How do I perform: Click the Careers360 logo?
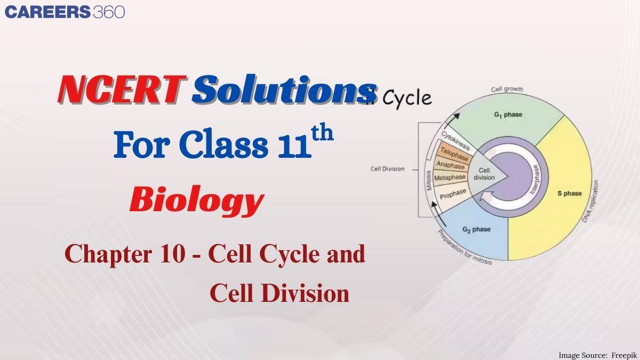pos(65,12)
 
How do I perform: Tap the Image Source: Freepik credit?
pos(597,355)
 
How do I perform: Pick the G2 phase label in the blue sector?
pos(476,230)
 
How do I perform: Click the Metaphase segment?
pos(450,178)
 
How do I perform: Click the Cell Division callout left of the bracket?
pos(387,169)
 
